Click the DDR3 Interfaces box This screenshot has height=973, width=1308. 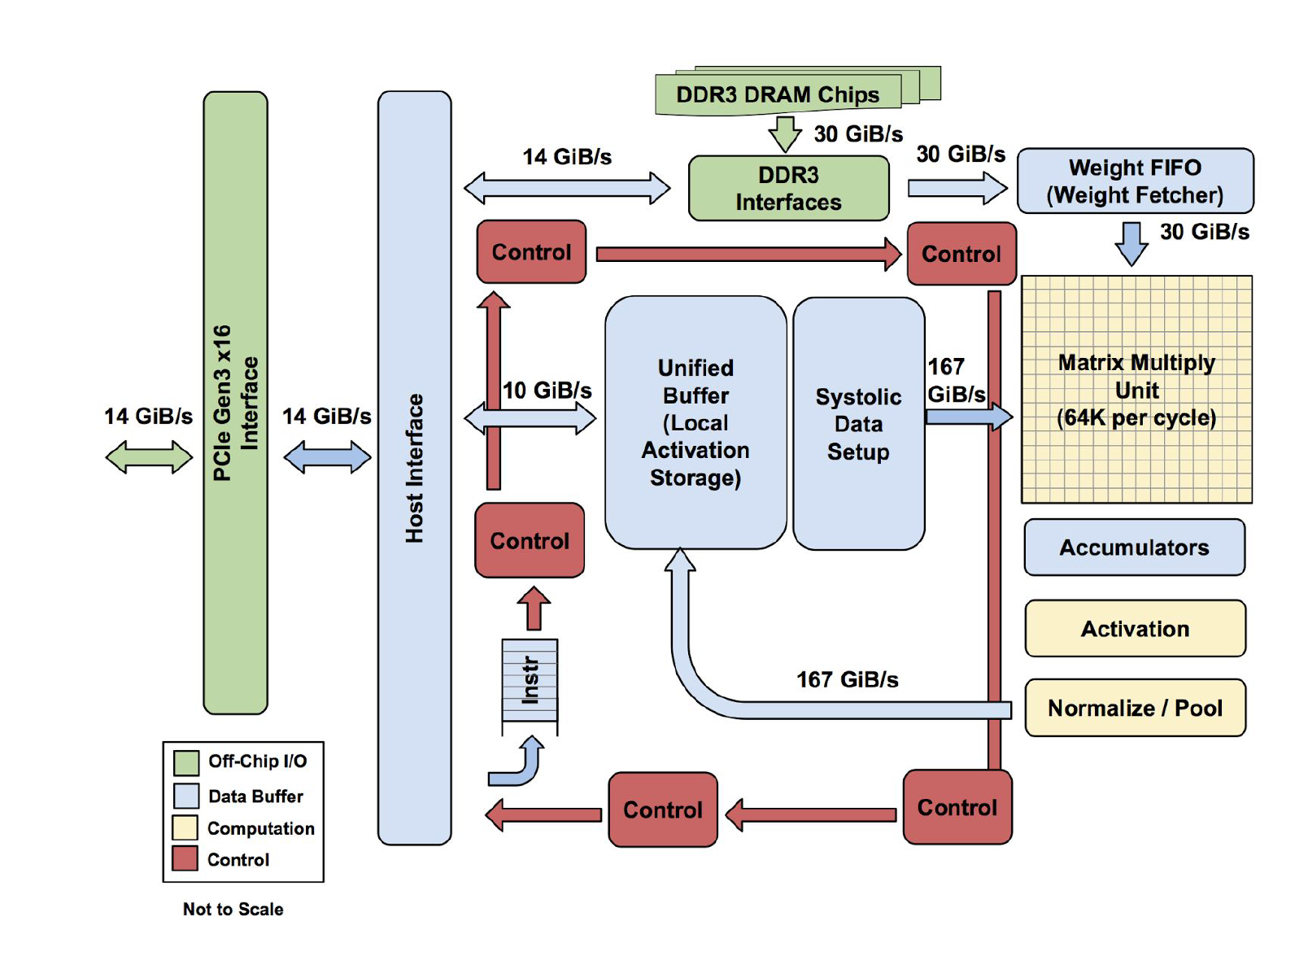[x=788, y=188]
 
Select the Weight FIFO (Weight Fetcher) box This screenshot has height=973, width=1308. [x=1135, y=181]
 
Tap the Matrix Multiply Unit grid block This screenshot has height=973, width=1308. [x=1136, y=390]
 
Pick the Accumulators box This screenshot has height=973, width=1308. [x=1134, y=548]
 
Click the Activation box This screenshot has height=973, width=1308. [x=1135, y=629]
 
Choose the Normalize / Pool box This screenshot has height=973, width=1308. [x=1135, y=708]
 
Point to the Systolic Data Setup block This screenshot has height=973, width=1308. [x=858, y=424]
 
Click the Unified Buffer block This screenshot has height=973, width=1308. [x=695, y=423]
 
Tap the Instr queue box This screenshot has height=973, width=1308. [x=530, y=680]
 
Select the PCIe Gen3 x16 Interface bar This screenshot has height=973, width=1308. [x=235, y=403]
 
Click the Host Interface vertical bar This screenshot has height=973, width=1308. [x=414, y=468]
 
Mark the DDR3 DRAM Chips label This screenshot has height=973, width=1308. [x=778, y=94]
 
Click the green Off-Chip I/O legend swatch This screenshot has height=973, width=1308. [x=186, y=762]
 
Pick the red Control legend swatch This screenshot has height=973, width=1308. [x=185, y=859]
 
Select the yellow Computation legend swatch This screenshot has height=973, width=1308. [x=185, y=827]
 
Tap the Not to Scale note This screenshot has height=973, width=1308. [x=233, y=910]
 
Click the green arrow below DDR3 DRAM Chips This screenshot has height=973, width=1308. [x=785, y=133]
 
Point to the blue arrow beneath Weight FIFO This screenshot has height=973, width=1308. [x=1131, y=242]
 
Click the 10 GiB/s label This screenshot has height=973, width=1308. [x=547, y=391]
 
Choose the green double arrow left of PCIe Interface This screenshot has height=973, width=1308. [x=149, y=457]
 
